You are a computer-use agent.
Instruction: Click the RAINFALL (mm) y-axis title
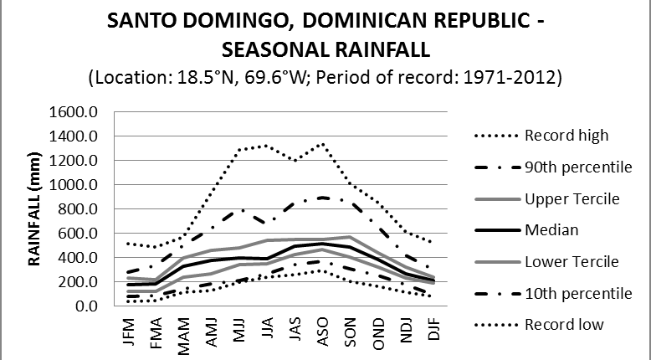(37, 208)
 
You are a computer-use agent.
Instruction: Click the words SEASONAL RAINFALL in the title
(325, 49)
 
